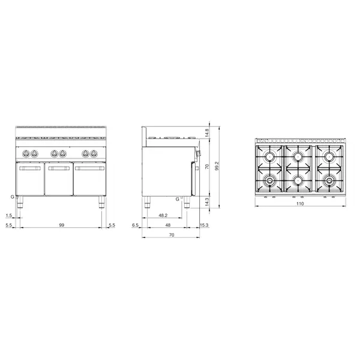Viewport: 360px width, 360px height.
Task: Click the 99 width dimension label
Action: [62, 224]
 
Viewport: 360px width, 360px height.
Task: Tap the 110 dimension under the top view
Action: [299, 204]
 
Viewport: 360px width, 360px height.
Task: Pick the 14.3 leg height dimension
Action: [207, 202]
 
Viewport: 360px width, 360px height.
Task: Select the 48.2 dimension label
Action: [162, 215]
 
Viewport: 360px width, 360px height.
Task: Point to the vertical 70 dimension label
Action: [207, 167]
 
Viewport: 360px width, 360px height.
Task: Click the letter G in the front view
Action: [12, 196]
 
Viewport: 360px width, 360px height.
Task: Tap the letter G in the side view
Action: [178, 198]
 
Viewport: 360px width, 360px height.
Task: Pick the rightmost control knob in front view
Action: [94, 152]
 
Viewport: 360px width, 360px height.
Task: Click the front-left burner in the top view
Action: [271, 179]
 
